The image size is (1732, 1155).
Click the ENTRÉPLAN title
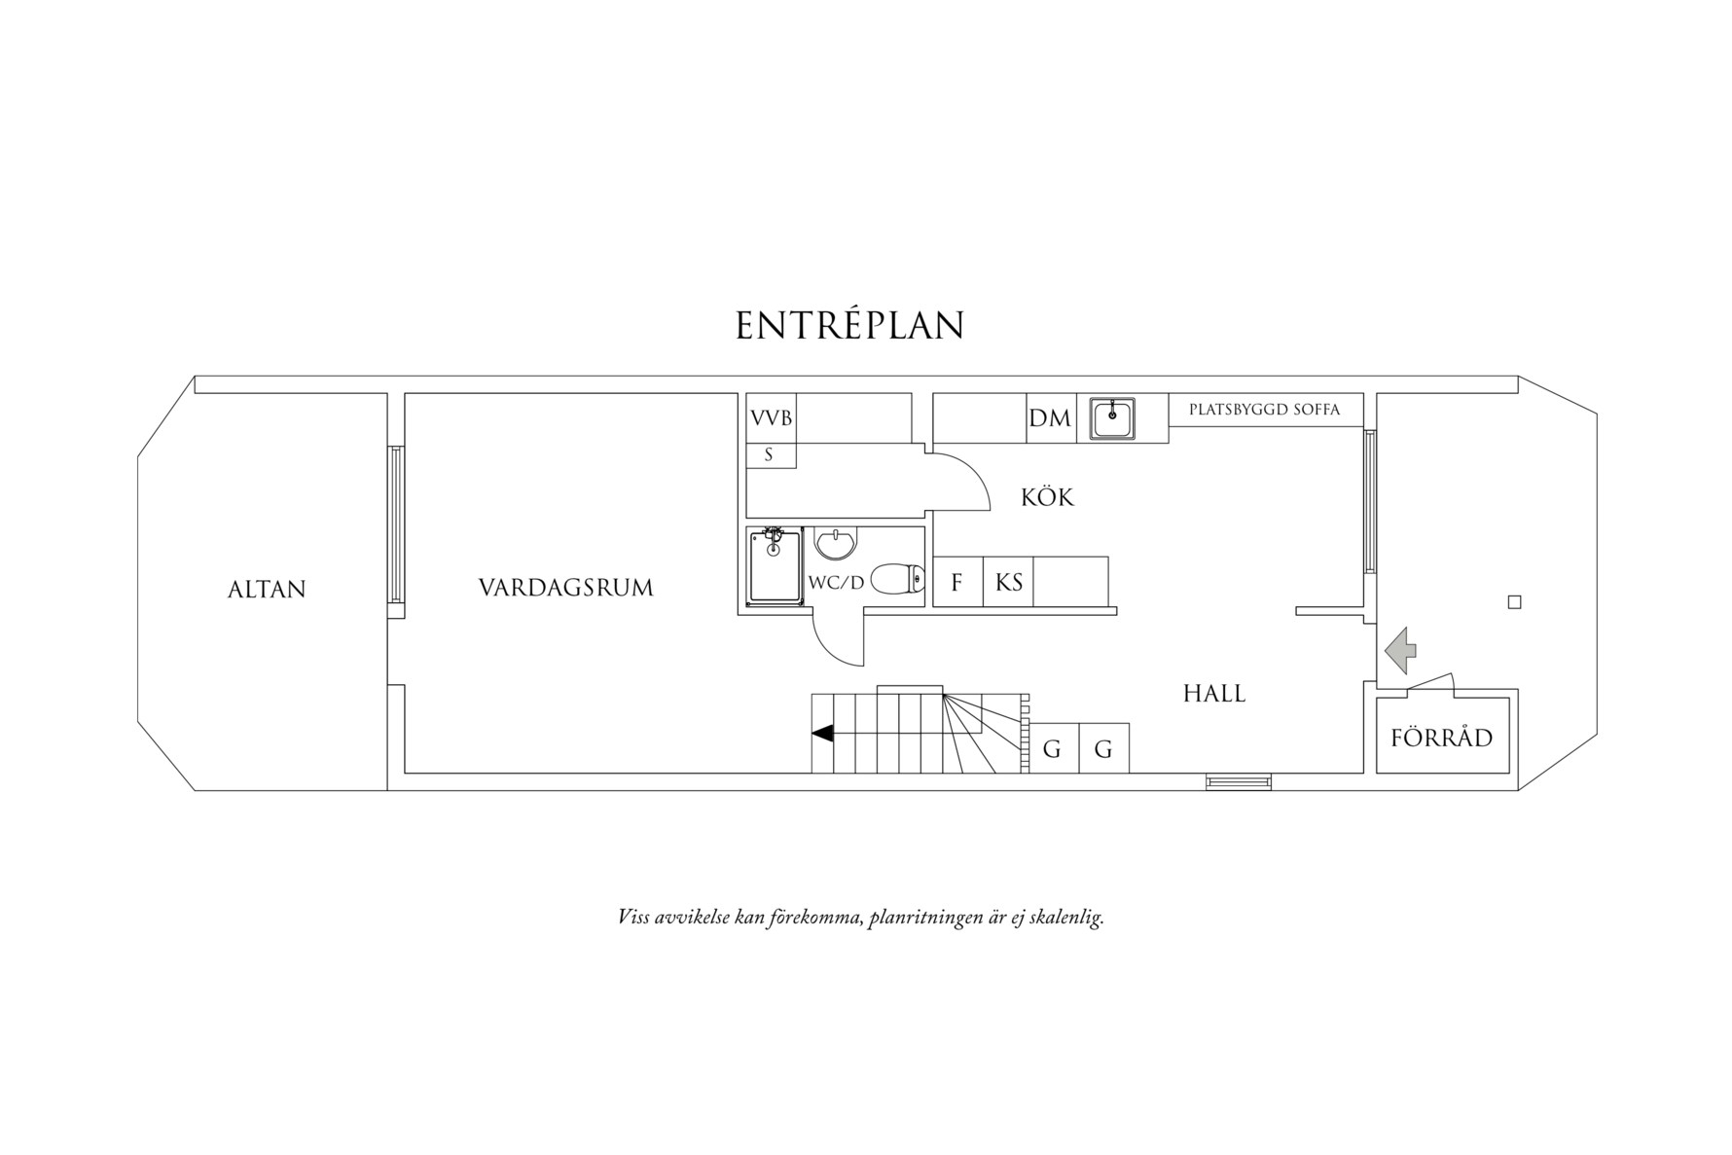click(x=849, y=325)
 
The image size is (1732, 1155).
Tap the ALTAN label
click(x=267, y=589)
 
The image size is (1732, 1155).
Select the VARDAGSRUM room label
click(x=566, y=588)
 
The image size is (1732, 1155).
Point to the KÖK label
click(x=1047, y=496)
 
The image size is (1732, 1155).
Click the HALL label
click(x=1214, y=693)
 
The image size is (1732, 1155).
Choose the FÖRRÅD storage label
click(x=1441, y=736)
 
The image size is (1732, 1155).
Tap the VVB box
click(x=772, y=418)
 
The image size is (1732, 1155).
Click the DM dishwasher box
click(x=1051, y=418)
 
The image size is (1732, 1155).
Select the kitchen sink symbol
click(x=1112, y=419)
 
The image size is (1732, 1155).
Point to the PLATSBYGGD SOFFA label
click(x=1264, y=410)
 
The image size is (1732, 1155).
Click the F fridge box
click(x=957, y=582)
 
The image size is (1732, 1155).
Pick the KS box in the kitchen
click(x=1008, y=582)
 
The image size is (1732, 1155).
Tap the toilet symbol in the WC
click(x=896, y=579)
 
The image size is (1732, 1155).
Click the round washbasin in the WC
click(x=834, y=544)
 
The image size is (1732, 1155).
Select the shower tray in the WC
click(x=775, y=566)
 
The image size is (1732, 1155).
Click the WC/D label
click(x=836, y=583)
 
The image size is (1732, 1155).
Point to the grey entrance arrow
click(x=1400, y=650)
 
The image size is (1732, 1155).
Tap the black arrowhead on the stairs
click(x=822, y=734)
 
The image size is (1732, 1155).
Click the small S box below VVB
click(x=772, y=455)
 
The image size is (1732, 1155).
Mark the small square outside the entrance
click(x=1514, y=602)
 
